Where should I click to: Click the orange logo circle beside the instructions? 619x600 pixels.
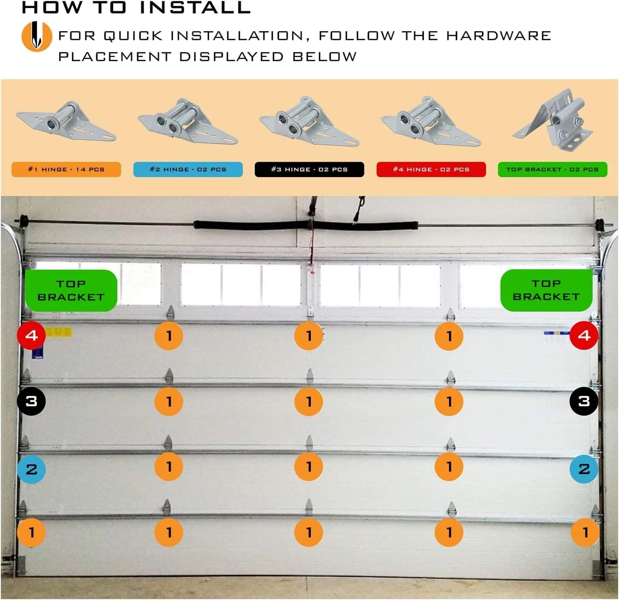pos(37,36)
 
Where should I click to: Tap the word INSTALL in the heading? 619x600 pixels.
pos(195,8)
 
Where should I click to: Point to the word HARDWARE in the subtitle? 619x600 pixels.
pos(499,36)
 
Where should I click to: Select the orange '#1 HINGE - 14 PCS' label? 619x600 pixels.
pos(66,169)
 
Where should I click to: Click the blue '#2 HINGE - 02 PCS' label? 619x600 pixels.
pos(188,169)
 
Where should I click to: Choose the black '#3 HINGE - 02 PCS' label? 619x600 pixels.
pos(309,169)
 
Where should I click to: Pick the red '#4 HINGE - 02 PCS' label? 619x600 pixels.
pos(431,169)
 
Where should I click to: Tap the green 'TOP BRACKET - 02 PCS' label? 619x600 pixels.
pos(553,169)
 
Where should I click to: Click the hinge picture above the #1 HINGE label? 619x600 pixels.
pos(66,121)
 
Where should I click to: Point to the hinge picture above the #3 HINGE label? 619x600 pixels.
pos(309,121)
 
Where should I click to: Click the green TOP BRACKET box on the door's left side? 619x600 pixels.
pos(71,291)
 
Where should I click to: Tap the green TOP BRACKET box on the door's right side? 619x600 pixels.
pos(547,290)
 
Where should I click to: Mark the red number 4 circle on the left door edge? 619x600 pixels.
pos(31,335)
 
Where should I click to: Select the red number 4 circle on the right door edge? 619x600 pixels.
pos(584,335)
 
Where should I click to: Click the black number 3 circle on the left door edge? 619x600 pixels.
pos(31,401)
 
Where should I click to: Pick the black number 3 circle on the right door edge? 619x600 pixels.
pos(584,401)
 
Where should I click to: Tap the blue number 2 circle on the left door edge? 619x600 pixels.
pos(31,469)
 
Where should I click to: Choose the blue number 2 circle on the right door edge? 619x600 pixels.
pos(584,469)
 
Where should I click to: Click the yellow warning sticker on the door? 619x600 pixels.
pos(59,333)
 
